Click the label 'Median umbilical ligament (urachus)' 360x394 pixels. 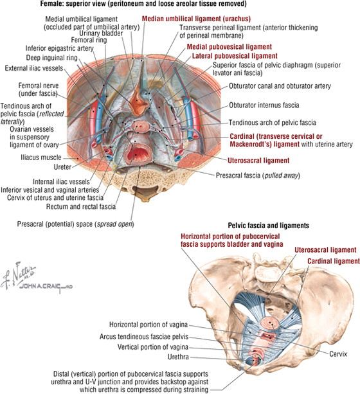tap(196, 19)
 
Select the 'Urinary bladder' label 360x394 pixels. tap(101, 33)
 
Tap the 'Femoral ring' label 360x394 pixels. tap(89, 40)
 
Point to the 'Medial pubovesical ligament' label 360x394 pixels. tap(230, 47)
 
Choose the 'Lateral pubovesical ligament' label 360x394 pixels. tap(235, 56)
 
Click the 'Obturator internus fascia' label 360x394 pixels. tap(264, 105)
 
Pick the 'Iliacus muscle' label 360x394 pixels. tap(41, 157)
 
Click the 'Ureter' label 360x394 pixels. tap(62, 167)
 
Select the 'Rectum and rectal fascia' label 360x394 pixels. tap(81, 206)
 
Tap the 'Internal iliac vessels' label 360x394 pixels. tap(61, 181)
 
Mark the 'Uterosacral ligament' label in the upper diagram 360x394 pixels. tap(258, 161)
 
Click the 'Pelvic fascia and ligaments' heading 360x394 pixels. tap(269, 226)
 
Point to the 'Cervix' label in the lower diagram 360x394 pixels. tap(338, 354)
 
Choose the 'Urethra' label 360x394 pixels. tap(178, 357)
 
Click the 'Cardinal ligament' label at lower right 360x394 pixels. tap(334, 262)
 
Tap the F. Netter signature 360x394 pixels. tap(19, 274)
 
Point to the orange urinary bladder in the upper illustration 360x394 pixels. tap(138, 101)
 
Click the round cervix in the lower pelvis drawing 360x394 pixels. tap(270, 323)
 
